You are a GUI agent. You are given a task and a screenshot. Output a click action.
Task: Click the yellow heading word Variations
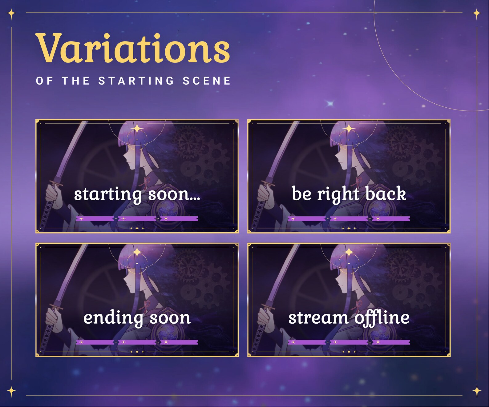(x=132, y=48)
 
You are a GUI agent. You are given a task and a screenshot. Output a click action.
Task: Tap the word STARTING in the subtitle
(x=136, y=81)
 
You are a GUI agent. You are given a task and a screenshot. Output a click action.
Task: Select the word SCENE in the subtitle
(x=207, y=81)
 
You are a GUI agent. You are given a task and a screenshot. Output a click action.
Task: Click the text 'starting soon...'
(x=137, y=194)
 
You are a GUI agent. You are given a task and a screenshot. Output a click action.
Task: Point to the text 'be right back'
(x=349, y=194)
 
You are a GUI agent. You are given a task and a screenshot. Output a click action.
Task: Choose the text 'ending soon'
(x=137, y=318)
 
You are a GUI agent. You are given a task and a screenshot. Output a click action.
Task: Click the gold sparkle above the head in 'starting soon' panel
(x=137, y=129)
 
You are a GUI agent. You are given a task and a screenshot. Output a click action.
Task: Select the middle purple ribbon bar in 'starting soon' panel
(x=137, y=219)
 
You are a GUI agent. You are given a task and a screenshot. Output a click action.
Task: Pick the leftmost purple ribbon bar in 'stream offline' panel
(x=307, y=342)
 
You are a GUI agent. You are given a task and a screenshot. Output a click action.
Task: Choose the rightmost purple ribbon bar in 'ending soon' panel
(x=179, y=342)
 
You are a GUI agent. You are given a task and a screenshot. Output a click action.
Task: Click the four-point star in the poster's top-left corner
(x=11, y=14)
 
